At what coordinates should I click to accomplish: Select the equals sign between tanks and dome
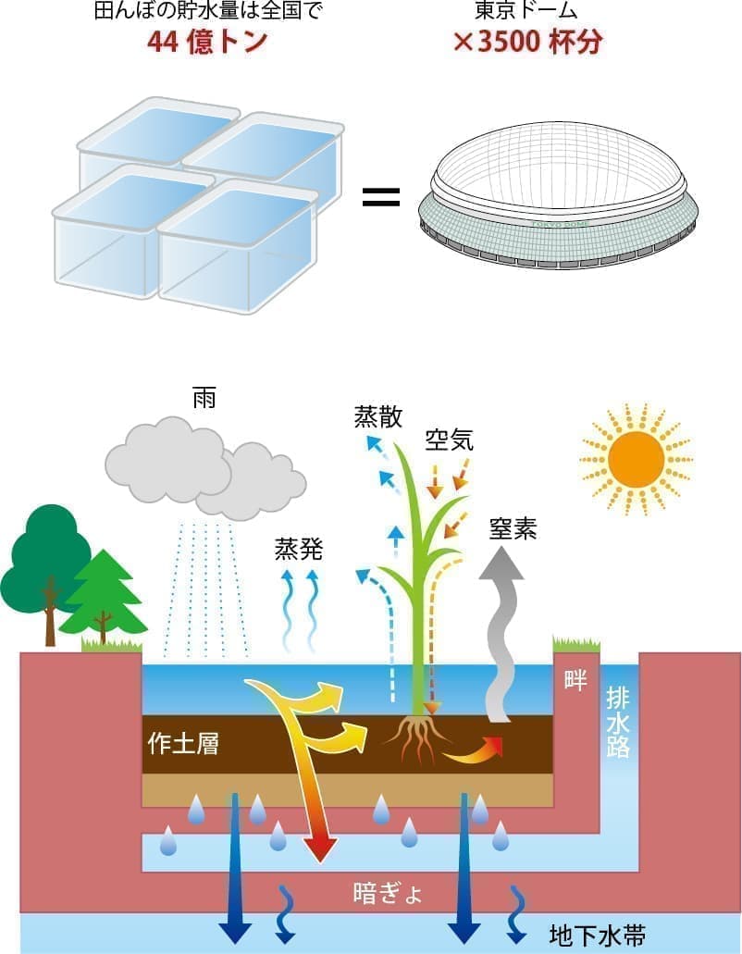point(380,196)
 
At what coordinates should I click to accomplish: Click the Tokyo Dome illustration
point(560,194)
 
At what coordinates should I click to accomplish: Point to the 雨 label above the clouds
point(204,399)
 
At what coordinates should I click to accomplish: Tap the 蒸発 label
point(298,548)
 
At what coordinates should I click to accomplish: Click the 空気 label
point(450,440)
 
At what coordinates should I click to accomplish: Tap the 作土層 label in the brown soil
point(183,743)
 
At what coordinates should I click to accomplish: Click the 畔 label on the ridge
point(575,681)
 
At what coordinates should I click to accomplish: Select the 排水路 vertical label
point(618,722)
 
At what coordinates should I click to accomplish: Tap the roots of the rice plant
point(418,736)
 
